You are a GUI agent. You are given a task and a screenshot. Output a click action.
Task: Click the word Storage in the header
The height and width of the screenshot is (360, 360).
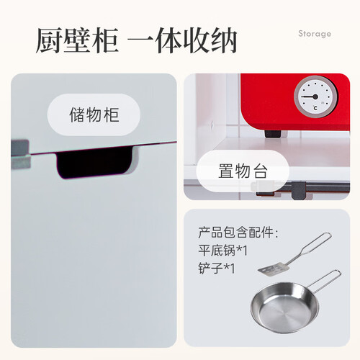coord(315,34)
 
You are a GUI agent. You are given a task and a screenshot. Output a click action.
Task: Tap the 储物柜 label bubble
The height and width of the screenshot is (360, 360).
coord(94,114)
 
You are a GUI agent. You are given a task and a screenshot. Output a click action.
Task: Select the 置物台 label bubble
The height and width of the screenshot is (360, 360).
coord(243,171)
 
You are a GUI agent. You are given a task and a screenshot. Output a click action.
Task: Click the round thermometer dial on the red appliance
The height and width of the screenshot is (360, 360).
coord(315,97)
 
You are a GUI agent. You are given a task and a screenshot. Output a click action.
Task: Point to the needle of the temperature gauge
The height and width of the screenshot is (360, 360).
coord(310,96)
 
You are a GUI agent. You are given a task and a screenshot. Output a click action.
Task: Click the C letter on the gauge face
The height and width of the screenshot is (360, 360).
coord(315,108)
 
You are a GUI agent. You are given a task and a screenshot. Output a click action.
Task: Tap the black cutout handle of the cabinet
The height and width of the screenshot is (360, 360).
coord(95,163)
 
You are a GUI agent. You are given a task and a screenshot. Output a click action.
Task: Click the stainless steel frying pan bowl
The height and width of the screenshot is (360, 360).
coord(285,308)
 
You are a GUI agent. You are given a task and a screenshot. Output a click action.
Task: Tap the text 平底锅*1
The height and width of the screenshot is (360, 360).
coord(222,251)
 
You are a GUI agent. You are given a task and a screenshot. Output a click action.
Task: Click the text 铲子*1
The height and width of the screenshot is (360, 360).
coord(217,269)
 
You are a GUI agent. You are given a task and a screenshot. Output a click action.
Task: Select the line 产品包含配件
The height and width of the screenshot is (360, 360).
coord(236,233)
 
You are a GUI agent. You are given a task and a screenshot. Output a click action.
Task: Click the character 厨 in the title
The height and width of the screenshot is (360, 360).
coord(49,40)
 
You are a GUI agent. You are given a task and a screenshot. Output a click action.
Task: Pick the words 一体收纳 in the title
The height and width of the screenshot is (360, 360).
coord(182,40)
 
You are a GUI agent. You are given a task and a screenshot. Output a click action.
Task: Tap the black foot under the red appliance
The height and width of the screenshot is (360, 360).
coord(273,133)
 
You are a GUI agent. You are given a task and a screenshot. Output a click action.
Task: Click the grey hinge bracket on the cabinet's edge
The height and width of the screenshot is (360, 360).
coord(21,153)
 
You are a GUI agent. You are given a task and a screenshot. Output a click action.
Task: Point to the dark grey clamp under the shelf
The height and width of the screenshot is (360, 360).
coord(298,190)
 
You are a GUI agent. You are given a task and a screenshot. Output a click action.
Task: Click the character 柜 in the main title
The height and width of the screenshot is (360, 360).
coord(105,40)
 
